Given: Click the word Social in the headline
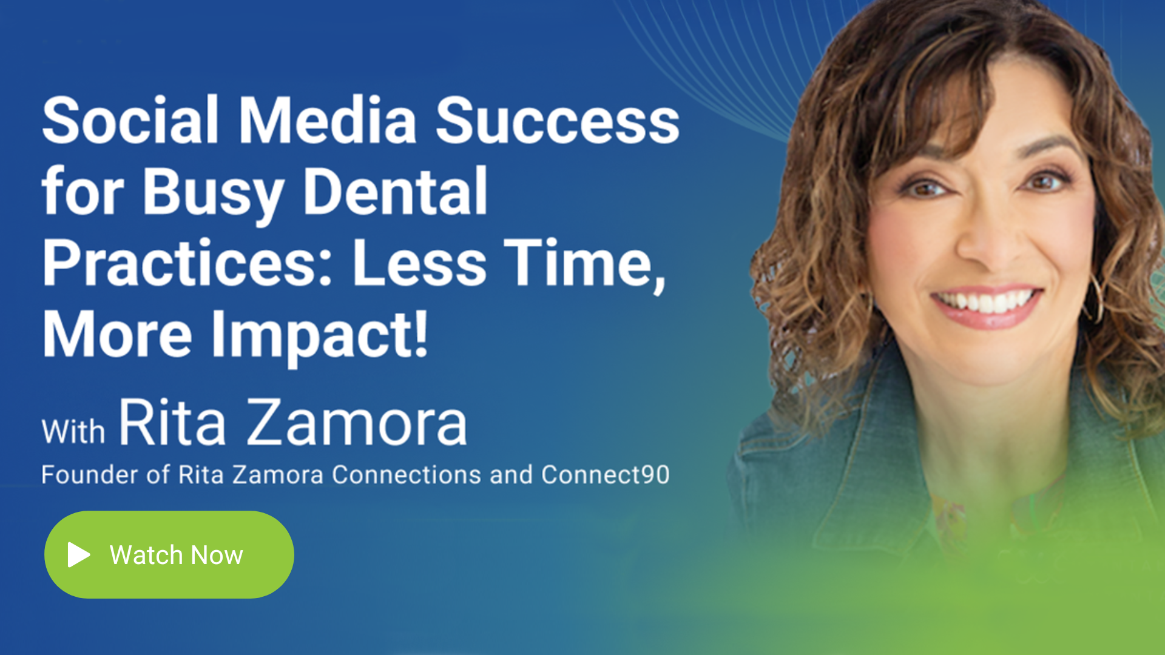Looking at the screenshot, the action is (130, 119).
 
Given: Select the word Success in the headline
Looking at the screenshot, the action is (558, 121).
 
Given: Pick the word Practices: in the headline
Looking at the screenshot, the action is (187, 263).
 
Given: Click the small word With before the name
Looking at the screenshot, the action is (73, 432).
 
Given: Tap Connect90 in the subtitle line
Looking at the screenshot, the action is (606, 474).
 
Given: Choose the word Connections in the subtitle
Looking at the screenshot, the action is (407, 474).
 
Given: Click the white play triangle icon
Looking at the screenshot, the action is (79, 554).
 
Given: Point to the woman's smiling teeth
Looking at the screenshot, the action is (986, 301).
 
